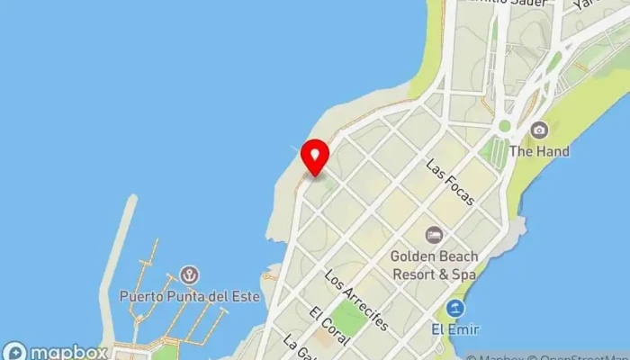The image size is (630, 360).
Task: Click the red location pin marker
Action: (x=314, y=157)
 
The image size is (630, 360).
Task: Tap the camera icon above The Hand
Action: (x=539, y=131)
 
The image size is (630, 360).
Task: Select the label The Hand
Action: (x=539, y=151)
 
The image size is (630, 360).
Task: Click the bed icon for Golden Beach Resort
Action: (x=435, y=235)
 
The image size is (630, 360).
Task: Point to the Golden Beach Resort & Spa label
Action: (x=435, y=263)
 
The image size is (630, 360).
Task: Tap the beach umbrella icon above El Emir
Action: (x=457, y=309)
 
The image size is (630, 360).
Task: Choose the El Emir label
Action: (x=457, y=328)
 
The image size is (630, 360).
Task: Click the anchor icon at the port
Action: (x=189, y=274)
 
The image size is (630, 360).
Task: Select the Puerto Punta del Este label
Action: (x=189, y=295)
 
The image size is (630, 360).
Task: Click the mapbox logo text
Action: (x=67, y=352)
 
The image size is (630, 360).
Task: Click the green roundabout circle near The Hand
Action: (x=504, y=127)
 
